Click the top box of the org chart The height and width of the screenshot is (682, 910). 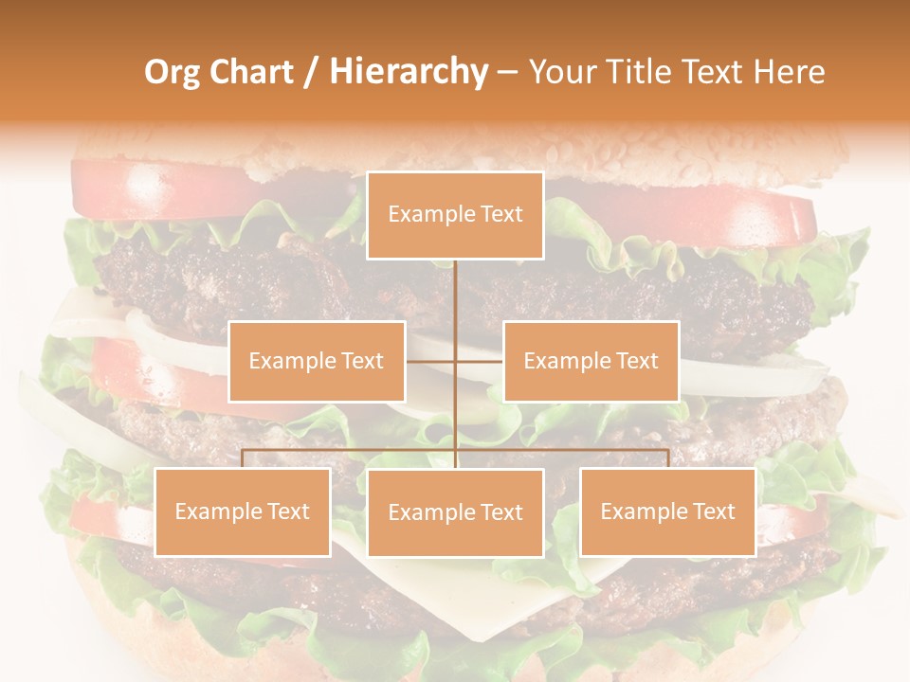(455, 215)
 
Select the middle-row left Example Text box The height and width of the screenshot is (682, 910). (317, 361)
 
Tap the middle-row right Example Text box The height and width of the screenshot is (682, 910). (591, 361)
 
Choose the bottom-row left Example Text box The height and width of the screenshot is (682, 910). (243, 511)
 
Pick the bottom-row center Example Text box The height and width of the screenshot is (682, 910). (455, 512)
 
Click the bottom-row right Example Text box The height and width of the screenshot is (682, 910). (667, 511)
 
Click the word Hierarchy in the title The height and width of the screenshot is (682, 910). (408, 72)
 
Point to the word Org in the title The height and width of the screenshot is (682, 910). (172, 72)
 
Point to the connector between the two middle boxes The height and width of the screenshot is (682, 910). (455, 361)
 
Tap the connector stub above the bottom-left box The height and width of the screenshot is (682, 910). (243, 458)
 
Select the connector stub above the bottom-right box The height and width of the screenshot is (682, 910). (667, 458)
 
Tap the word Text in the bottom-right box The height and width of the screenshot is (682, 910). (714, 511)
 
